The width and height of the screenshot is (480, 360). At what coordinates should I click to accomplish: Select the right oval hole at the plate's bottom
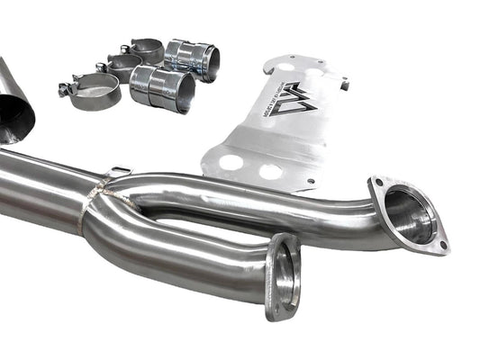pos(271,171)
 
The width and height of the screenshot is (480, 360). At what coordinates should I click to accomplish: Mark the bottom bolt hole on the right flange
pos(439,244)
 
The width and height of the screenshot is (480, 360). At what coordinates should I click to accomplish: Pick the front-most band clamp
pos(95,90)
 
